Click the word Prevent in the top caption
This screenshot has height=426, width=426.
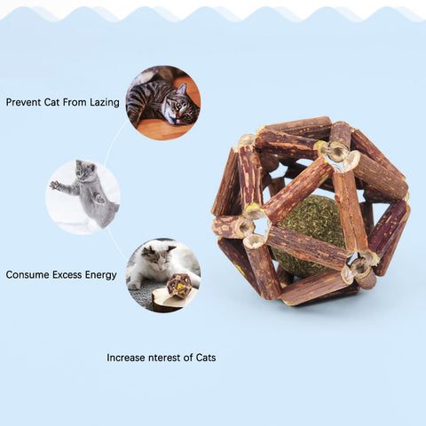coord(24,102)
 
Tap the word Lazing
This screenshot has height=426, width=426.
coord(105,103)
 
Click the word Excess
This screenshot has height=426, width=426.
coord(67,275)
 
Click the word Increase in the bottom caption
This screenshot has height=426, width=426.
coord(126,358)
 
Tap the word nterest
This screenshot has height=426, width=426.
coord(164,358)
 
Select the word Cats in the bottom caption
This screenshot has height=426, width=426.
coord(206,358)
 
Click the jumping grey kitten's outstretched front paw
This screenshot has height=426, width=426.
coord(54,185)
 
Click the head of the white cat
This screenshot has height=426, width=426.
coord(158,257)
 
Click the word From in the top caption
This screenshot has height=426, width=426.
coord(75,102)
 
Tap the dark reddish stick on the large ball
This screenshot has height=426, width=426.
coord(388,228)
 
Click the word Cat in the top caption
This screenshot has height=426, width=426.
coord(52,102)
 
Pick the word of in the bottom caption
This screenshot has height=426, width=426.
coord(188,358)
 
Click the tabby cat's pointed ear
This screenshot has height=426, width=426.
coord(183,89)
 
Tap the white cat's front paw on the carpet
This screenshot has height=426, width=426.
coord(134,286)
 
